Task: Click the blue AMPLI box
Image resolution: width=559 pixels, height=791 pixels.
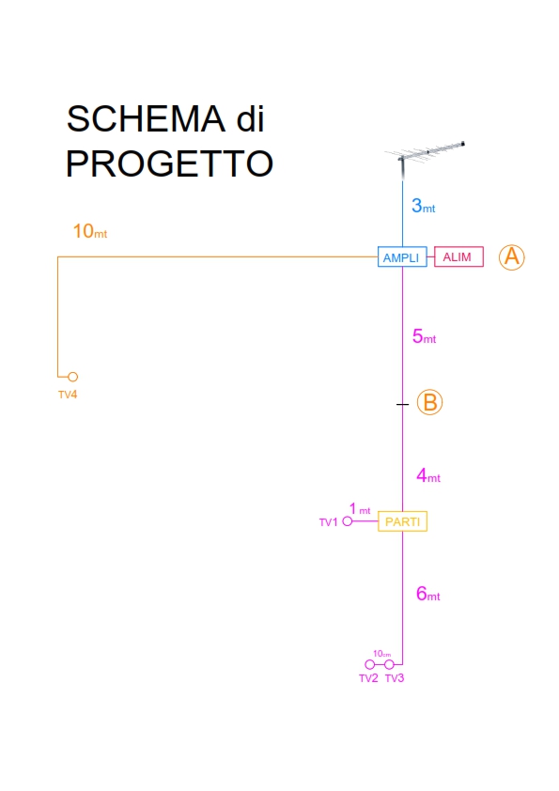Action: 402,256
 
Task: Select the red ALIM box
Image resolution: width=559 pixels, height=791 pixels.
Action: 458,256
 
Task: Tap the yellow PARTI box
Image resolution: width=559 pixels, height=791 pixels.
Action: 402,521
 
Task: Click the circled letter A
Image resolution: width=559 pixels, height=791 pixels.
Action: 512,256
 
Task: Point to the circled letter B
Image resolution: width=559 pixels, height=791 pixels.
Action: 429,403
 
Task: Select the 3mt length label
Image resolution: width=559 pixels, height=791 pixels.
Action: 424,206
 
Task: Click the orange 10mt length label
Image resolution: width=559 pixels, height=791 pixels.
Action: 90,231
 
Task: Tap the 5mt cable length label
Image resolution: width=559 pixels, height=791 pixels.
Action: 424,336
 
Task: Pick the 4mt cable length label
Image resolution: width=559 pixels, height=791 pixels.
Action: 428,475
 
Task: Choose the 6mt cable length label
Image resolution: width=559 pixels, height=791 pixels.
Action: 427,594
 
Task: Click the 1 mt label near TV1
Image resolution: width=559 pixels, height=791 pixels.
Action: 360,508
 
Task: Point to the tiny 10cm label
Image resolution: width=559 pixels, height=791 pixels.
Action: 382,654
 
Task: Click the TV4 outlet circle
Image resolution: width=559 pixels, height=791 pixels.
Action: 72,377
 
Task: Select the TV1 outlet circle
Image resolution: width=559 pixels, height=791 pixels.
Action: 347,521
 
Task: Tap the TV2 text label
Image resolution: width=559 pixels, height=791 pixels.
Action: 368,678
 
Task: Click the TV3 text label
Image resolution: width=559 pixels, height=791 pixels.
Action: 395,678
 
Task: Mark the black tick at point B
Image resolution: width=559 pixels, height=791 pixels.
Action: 402,404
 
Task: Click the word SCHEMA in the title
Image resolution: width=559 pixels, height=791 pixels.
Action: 146,119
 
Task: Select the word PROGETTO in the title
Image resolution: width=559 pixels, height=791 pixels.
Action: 169,164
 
